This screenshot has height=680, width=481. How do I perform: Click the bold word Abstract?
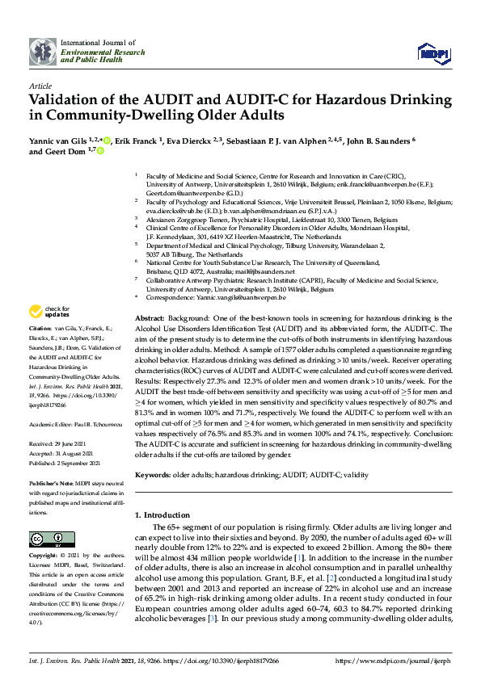point(150,318)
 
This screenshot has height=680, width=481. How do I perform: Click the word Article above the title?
point(40,85)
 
